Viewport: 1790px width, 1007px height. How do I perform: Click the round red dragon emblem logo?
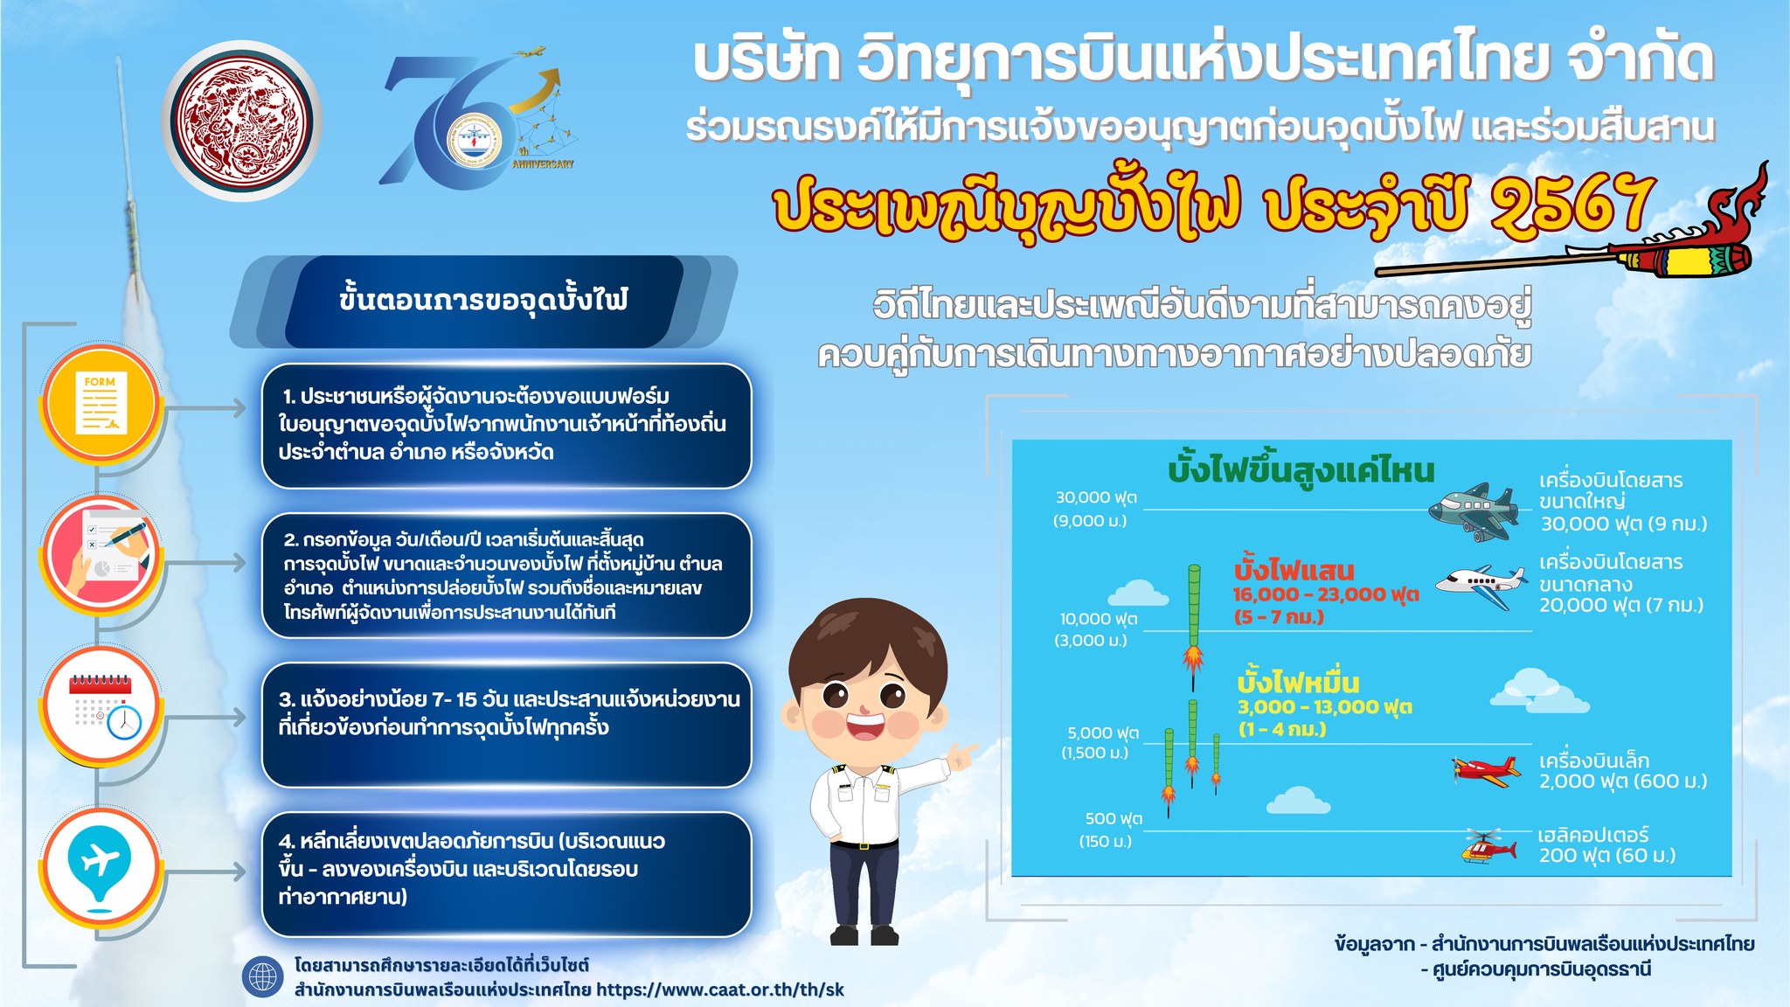(x=241, y=119)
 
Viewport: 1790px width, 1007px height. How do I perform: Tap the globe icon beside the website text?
(x=263, y=977)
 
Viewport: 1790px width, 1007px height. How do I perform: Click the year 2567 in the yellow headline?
(x=1573, y=206)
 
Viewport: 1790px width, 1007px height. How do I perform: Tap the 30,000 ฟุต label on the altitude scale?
(x=1096, y=497)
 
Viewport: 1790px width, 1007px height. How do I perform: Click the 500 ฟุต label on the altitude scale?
(x=1114, y=819)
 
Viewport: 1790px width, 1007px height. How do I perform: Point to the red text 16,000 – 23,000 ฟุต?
(x=1325, y=594)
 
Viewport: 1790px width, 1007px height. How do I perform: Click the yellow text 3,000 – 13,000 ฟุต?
(x=1324, y=706)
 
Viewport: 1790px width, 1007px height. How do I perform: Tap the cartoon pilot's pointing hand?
(x=962, y=754)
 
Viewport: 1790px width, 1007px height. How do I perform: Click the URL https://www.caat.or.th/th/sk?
(x=720, y=990)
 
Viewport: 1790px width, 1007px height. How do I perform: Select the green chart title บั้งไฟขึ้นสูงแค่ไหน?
(x=1301, y=471)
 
